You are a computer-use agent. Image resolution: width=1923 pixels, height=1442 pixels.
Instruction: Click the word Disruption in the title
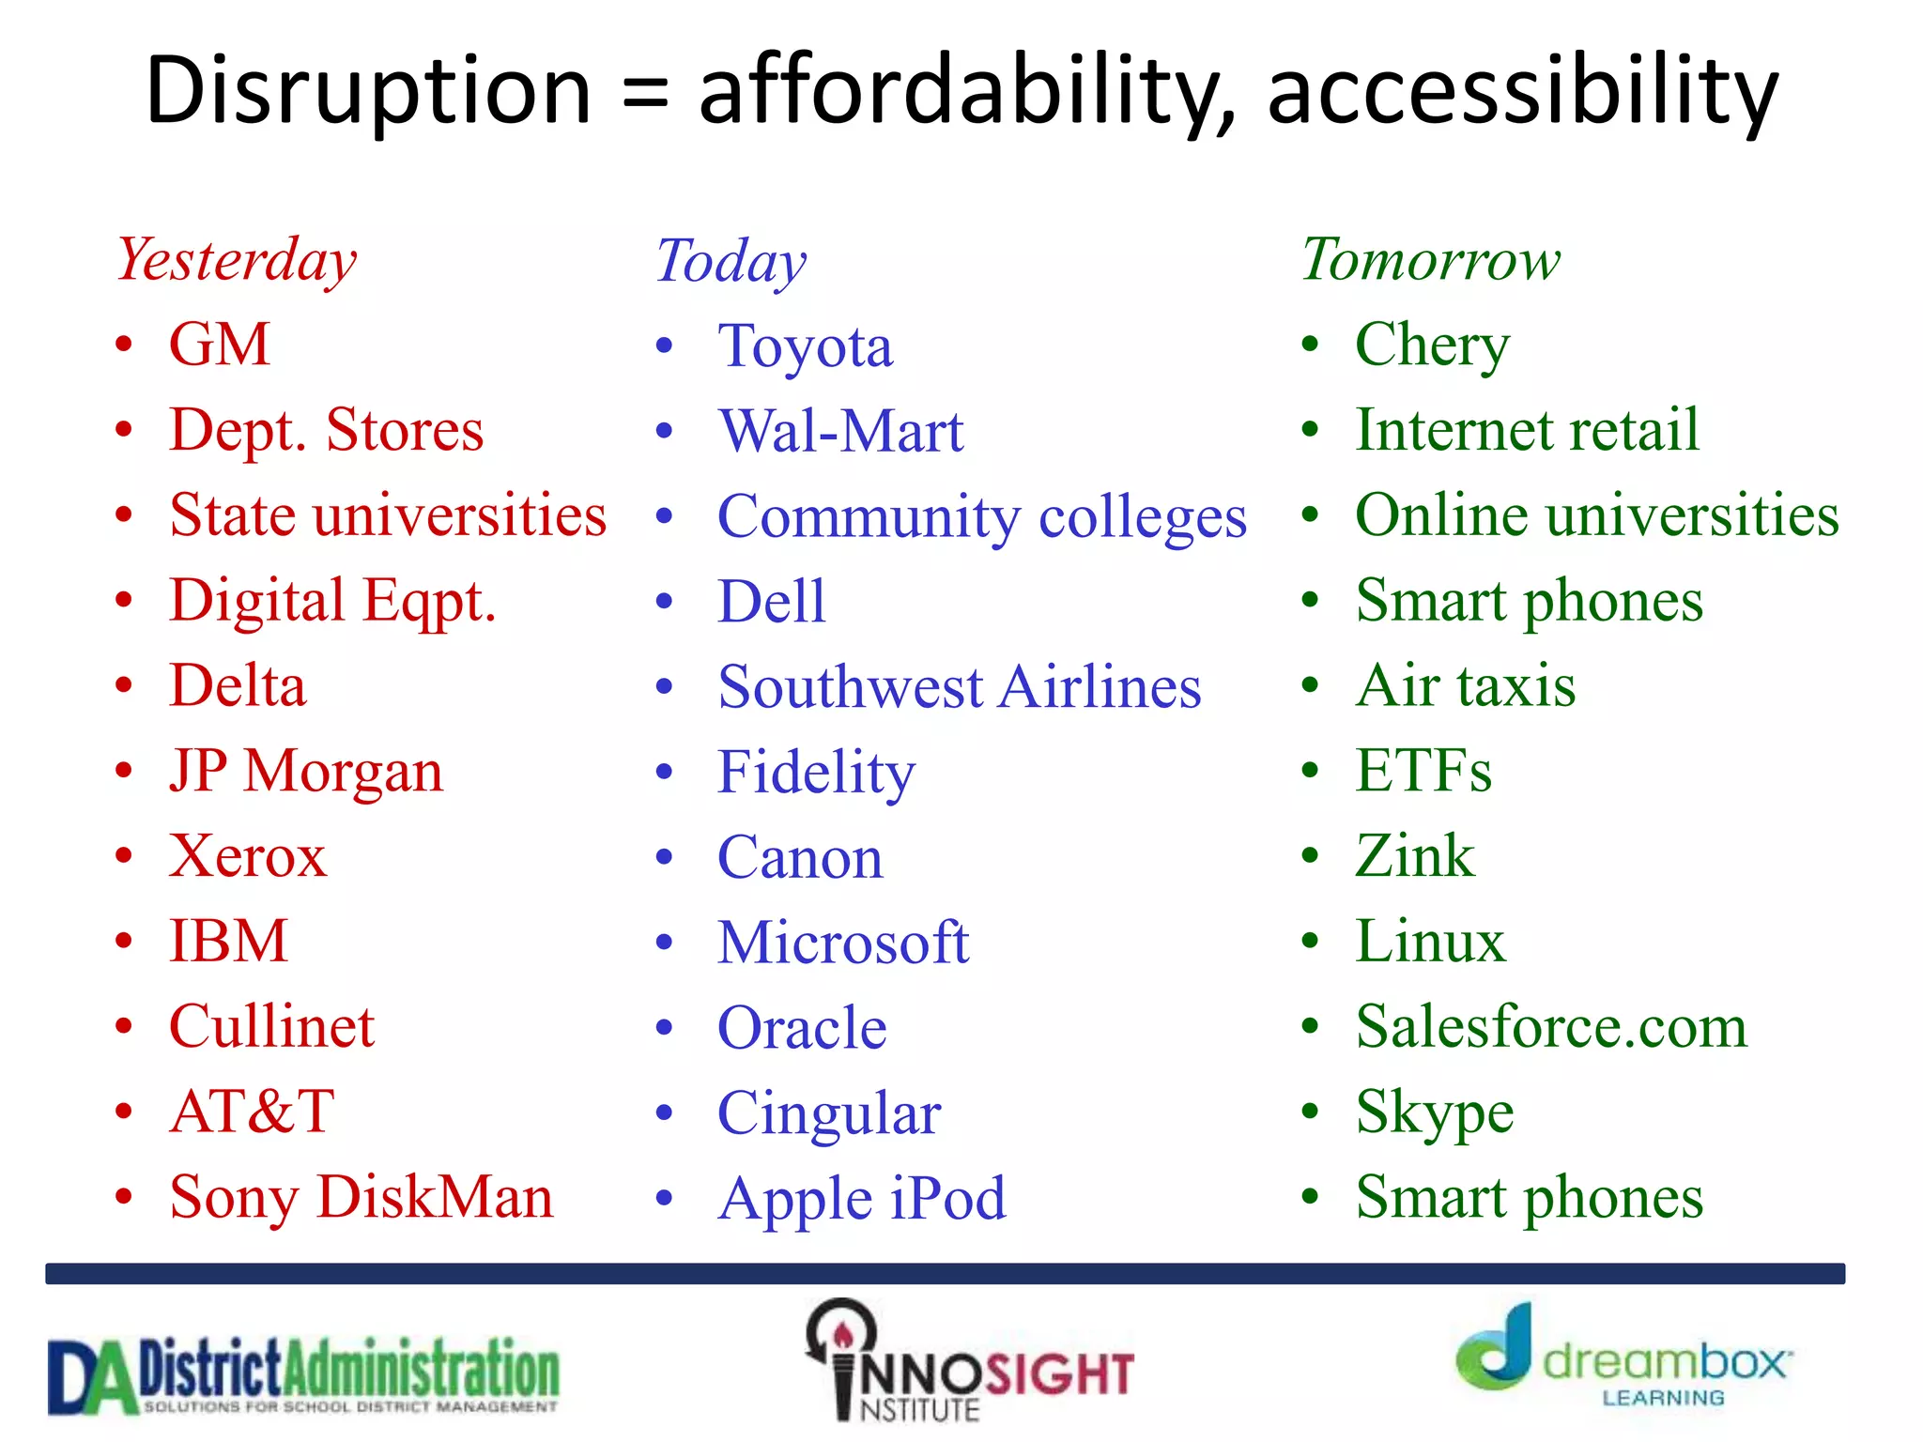coord(368,91)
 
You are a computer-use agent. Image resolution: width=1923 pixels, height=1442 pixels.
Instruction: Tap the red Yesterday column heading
coord(237,260)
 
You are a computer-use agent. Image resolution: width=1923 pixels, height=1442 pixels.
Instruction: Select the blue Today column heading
coord(731,262)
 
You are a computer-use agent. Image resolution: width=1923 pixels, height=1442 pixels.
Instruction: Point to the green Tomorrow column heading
coord(1430,260)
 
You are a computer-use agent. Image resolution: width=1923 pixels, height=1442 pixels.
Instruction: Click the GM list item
coord(220,345)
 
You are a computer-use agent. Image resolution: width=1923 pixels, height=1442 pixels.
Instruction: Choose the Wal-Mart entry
coord(840,432)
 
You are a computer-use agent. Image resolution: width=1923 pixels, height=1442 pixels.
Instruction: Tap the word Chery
coord(1432,346)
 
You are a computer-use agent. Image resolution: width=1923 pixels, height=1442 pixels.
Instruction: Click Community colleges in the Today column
coord(981,517)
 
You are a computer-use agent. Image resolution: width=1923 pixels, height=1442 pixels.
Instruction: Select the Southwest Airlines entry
coord(959,687)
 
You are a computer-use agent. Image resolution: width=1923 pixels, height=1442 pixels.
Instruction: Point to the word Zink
coord(1414,856)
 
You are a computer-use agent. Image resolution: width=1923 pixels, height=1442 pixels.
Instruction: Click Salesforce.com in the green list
coord(1551,1026)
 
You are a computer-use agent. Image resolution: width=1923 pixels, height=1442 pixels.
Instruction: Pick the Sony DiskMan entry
coord(362,1198)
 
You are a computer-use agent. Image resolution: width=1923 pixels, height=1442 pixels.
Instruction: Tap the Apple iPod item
coord(861,1200)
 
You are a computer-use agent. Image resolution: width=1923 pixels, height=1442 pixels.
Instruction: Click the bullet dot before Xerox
coord(124,856)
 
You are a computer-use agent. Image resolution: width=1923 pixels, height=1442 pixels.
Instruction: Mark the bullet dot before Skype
coord(1311,1112)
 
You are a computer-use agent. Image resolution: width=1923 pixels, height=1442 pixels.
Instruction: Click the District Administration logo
coord(303,1375)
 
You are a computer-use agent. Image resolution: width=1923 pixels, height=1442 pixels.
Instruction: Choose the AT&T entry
coord(252,1112)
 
